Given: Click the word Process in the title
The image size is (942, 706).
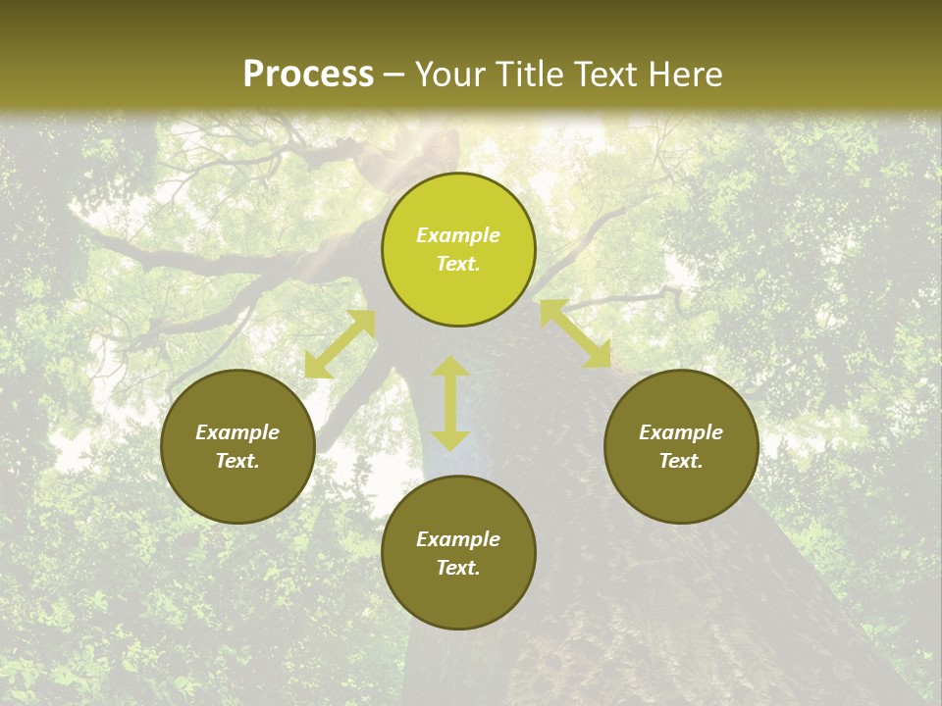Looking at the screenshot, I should tap(308, 75).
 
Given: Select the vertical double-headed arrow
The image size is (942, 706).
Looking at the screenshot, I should tap(450, 403).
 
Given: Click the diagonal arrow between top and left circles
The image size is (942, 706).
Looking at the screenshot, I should tap(340, 344).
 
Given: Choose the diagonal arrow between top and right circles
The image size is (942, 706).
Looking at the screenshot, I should tap(575, 333).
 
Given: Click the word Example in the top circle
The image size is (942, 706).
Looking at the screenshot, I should tap(458, 235).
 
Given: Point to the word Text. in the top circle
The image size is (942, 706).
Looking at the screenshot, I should tap(458, 264).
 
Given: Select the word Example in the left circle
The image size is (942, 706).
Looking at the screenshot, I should tap(237, 432).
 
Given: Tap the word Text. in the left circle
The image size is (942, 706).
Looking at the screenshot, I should tap(237, 461).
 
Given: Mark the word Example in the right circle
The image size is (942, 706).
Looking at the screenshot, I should tap(681, 432).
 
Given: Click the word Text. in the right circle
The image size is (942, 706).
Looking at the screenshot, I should tap(681, 461).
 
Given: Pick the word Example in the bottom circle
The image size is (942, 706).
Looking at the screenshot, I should tap(458, 539).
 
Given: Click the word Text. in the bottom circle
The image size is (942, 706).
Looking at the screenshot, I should tap(458, 568).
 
